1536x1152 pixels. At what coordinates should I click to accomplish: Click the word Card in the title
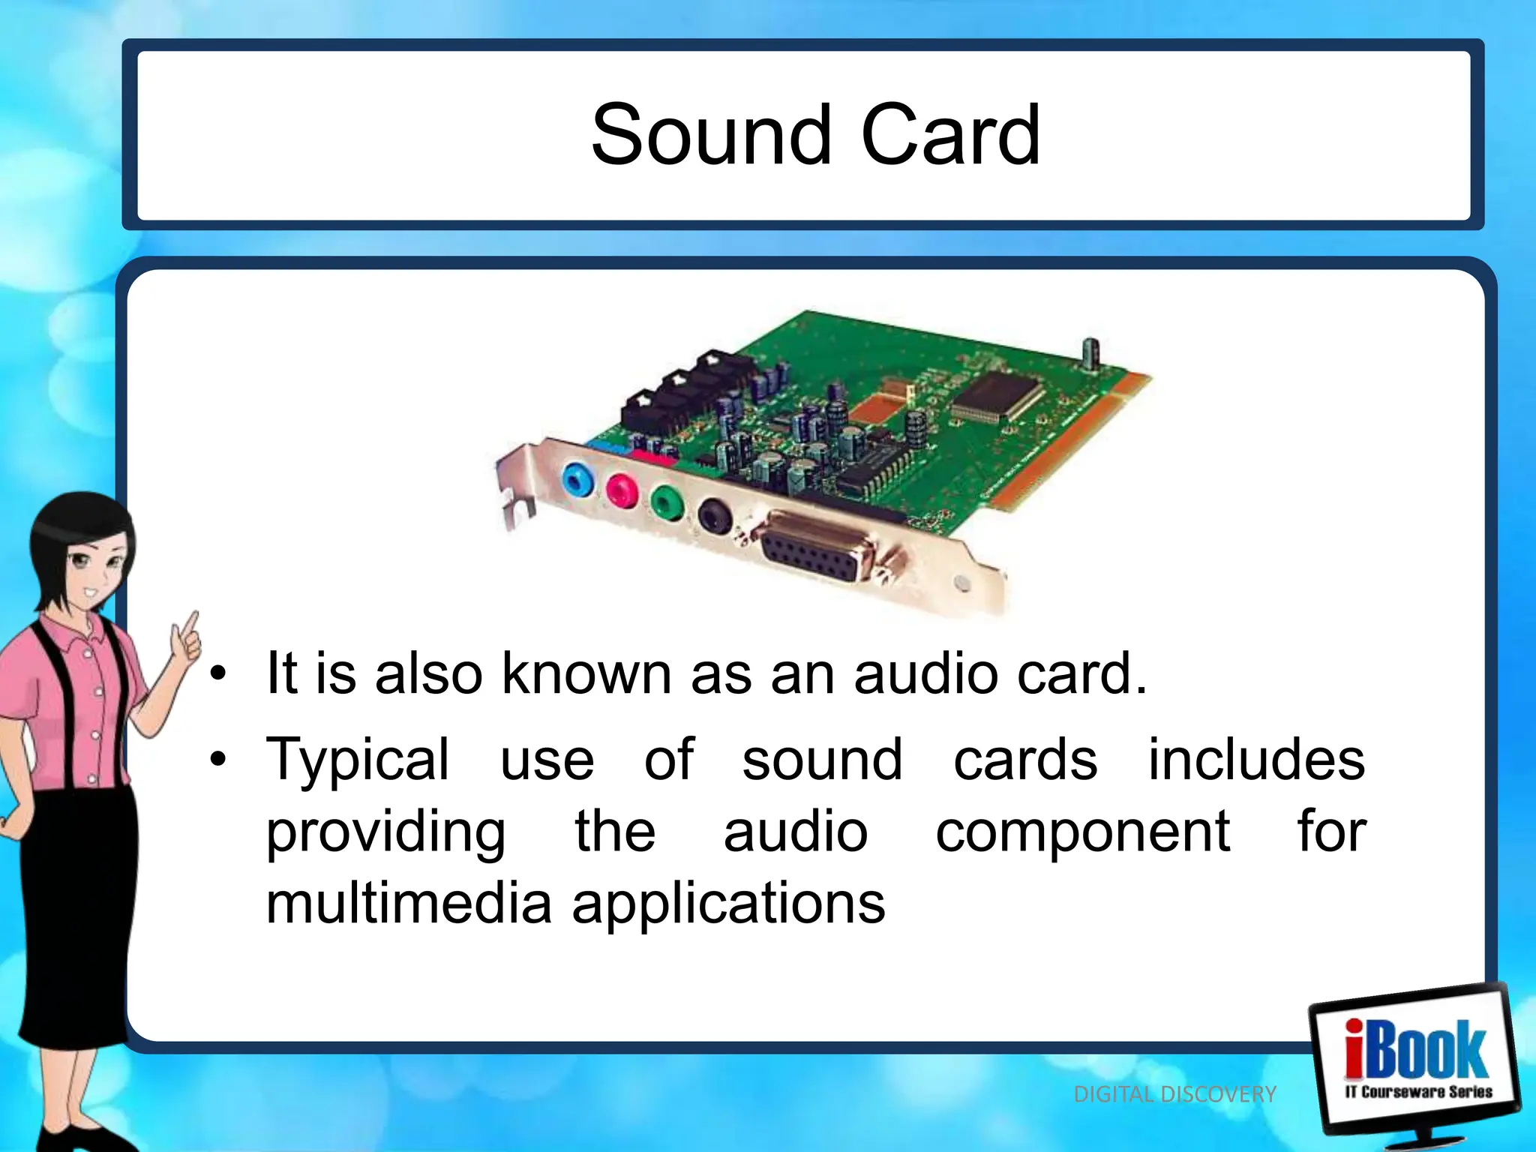pos(950,136)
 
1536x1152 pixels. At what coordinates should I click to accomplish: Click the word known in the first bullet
pos(586,673)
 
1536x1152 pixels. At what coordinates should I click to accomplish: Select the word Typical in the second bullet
pos(358,760)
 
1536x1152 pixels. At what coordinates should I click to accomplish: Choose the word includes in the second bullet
pos(1256,760)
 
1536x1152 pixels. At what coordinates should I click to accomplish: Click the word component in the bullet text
pos(1082,832)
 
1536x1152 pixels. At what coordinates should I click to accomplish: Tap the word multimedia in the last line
pos(409,903)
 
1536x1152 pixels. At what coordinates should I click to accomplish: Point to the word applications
pos(728,904)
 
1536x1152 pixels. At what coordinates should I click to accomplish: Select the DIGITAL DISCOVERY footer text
pos(1174,1094)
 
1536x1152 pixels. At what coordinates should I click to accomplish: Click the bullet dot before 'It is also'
pos(218,673)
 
